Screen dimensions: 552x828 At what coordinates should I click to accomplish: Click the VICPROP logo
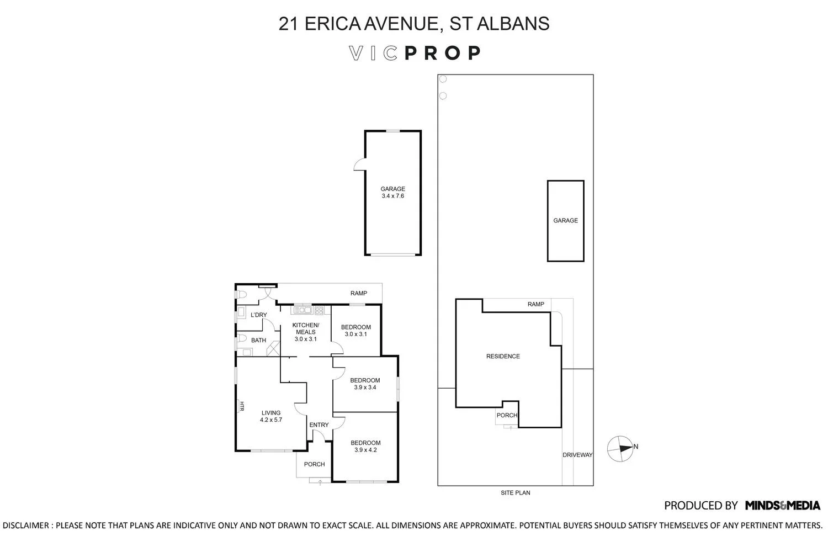tap(415, 53)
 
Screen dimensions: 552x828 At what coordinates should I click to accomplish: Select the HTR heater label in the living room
tap(241, 407)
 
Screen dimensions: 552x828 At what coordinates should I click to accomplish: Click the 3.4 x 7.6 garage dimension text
tap(392, 196)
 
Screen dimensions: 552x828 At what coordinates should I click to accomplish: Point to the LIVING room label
tap(271, 413)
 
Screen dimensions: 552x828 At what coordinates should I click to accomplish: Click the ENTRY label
tap(319, 425)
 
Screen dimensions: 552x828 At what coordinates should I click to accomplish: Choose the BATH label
tap(258, 341)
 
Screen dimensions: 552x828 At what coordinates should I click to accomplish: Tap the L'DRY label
tap(258, 315)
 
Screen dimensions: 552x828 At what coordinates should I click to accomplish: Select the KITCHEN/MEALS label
tap(306, 328)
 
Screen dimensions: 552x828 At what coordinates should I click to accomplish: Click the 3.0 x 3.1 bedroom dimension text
tap(355, 335)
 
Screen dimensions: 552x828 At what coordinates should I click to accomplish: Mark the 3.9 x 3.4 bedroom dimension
tap(365, 388)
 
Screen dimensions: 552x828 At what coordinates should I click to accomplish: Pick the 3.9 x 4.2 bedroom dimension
tap(365, 450)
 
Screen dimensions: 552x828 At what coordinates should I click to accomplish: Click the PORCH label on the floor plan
tap(314, 464)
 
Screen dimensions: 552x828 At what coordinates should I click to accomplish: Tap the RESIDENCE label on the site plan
tap(503, 357)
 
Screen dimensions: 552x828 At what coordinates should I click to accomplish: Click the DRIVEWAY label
tap(577, 455)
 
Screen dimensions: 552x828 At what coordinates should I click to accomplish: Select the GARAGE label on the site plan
tap(565, 221)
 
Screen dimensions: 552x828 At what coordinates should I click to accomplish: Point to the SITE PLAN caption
tap(516, 493)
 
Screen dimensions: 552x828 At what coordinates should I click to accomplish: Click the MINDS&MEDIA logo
tap(782, 506)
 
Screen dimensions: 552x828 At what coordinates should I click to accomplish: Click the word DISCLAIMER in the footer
tap(26, 526)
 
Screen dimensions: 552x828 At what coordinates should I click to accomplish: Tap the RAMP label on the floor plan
tap(358, 294)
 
